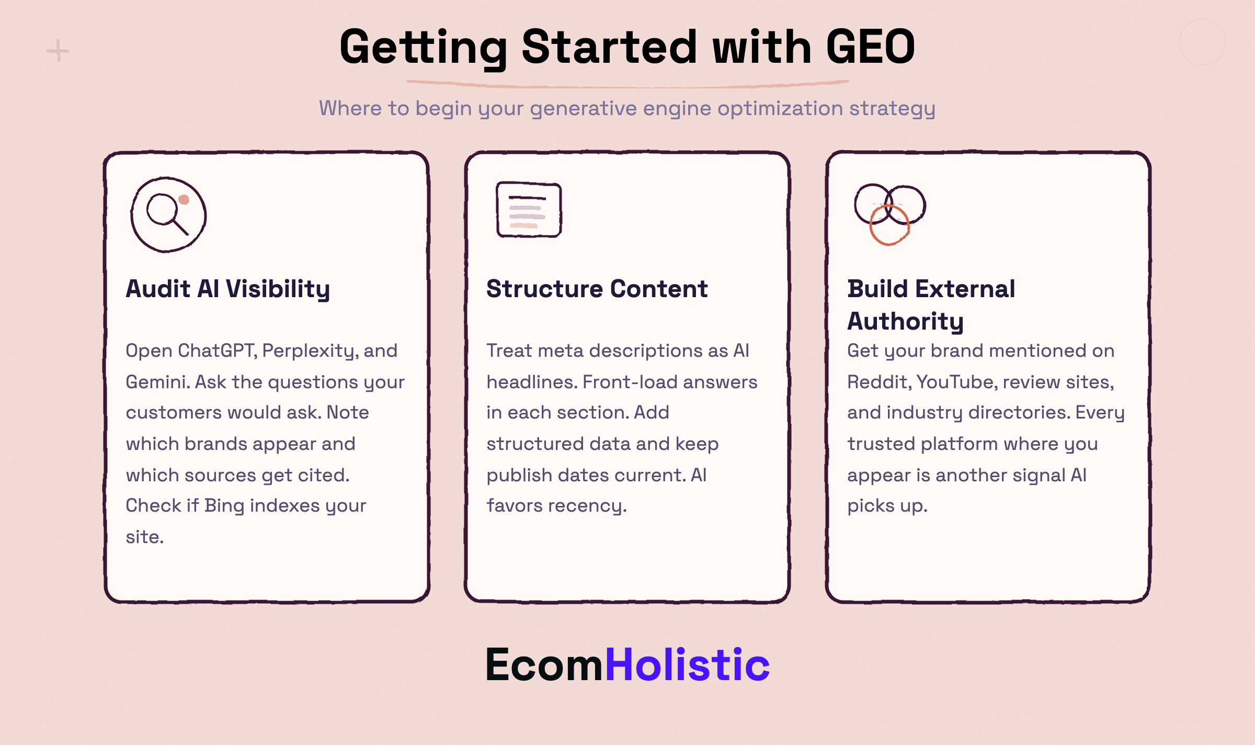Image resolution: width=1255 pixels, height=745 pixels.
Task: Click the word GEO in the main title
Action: tap(871, 47)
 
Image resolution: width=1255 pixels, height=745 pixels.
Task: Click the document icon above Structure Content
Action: tap(529, 209)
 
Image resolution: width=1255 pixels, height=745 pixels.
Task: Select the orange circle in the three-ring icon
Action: tap(889, 225)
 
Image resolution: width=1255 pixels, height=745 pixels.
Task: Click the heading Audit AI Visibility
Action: tap(228, 289)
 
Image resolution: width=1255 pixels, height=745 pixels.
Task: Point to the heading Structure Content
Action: tap(597, 289)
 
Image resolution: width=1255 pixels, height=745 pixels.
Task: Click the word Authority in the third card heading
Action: tap(905, 321)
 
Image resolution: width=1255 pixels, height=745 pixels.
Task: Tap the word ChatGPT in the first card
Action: tap(217, 351)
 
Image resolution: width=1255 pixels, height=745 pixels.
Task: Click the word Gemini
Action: tap(157, 382)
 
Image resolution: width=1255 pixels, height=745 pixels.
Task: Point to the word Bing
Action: tap(224, 505)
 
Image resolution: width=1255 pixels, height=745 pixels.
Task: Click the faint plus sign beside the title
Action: tap(58, 51)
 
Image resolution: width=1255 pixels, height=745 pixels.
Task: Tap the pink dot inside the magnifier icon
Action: tap(184, 199)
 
